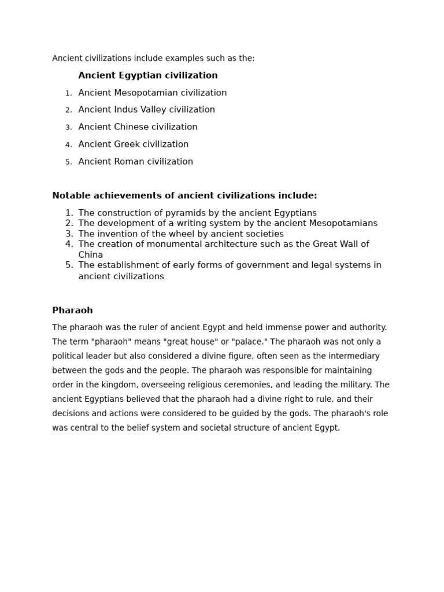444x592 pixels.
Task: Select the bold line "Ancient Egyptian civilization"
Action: pos(148,76)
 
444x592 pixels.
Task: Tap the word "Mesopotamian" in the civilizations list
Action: pos(146,93)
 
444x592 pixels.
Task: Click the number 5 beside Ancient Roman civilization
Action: pos(69,162)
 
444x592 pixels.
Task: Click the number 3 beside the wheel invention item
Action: pos(69,234)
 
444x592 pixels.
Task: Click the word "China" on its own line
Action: pos(91,255)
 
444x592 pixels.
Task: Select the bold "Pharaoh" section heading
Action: pos(72,310)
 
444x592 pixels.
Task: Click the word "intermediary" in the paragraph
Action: pos(354,356)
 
